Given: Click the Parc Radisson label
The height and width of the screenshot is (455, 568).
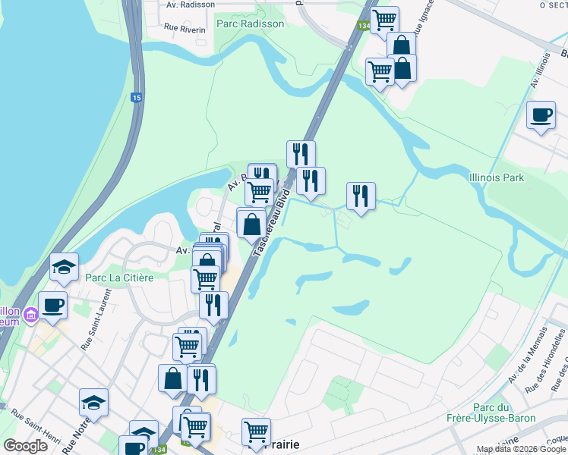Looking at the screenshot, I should (250, 24).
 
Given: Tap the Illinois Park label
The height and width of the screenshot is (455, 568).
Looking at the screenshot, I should (497, 178).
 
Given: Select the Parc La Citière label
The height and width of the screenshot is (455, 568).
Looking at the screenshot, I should (119, 278).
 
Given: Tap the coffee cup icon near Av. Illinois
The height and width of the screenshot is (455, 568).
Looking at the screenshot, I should (541, 115).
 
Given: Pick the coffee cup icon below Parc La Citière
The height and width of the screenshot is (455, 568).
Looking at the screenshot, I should (52, 305).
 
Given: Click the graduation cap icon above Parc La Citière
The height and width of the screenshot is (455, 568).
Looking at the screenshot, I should (64, 266).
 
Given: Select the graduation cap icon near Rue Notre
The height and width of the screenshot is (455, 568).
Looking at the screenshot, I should (93, 402).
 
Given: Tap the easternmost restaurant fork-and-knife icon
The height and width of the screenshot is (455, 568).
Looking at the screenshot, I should (361, 196).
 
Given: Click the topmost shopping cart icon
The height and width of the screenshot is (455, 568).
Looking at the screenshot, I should (385, 20).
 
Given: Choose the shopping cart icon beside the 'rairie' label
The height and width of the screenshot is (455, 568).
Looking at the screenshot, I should (257, 431).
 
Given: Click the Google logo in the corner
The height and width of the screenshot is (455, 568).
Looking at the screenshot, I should (25, 446).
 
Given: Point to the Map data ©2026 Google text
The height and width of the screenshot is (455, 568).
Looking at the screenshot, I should (521, 450).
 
